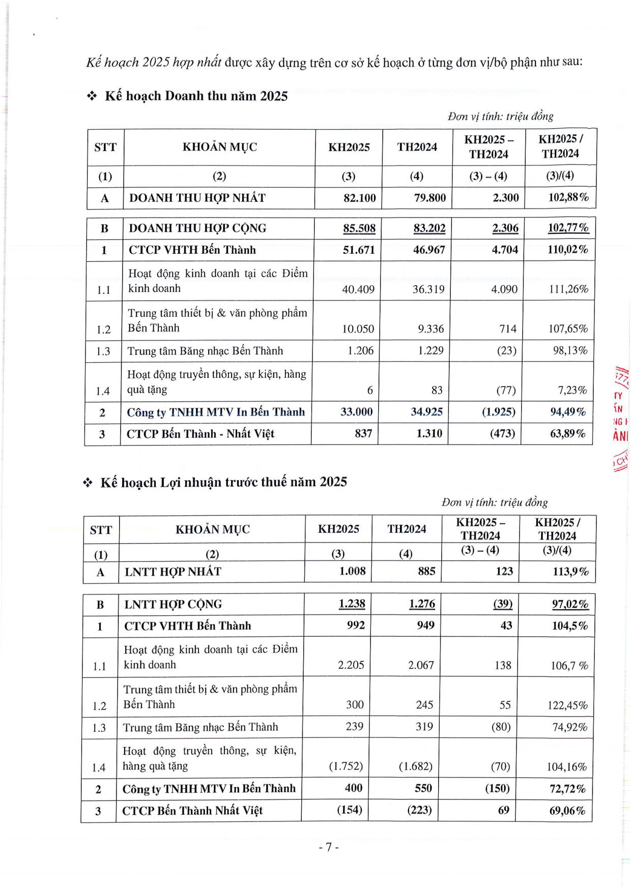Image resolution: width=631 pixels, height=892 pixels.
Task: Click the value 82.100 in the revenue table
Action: [359, 198]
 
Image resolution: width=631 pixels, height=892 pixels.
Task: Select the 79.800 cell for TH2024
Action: [429, 198]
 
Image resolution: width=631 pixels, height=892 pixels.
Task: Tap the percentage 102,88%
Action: [568, 197]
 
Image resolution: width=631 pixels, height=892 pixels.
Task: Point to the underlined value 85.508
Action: [359, 228]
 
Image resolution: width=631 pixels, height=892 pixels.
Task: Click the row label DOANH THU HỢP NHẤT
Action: [197, 198]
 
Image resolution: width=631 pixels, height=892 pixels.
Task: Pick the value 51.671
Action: [358, 250]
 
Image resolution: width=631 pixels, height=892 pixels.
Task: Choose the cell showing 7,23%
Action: [572, 390]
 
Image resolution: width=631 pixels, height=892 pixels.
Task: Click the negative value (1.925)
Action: [498, 411]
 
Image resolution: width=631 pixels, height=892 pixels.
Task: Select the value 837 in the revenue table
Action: [363, 433]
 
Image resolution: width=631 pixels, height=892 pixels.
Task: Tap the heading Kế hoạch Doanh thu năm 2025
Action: [196, 96]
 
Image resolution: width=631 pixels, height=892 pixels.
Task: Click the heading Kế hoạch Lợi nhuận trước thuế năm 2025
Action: [223, 482]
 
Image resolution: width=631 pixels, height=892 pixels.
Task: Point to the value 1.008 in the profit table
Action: [352, 571]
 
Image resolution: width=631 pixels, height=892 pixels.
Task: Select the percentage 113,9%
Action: [570, 571]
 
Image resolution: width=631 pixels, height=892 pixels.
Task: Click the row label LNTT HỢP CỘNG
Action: [173, 604]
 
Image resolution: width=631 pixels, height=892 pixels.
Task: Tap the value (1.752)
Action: [346, 766]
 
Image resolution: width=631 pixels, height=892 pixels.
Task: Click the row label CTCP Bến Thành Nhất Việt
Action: [192, 811]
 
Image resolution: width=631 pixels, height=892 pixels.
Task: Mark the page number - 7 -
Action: [328, 847]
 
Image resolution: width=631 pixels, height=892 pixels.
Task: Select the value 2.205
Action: [351, 665]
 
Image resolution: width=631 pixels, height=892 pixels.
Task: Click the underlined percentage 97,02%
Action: [570, 604]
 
